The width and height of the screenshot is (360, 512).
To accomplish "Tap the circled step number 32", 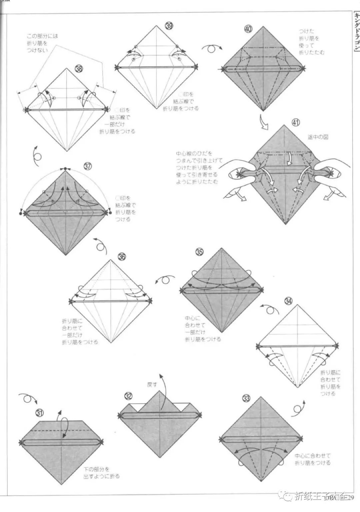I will (x=128, y=396).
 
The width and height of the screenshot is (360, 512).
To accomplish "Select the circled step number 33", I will (x=246, y=398).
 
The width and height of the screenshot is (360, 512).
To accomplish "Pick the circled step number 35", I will (x=199, y=252).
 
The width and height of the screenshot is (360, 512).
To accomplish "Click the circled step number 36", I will (x=122, y=256).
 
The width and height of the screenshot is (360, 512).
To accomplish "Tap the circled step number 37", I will (x=88, y=167).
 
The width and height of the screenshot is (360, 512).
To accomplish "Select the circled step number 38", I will (x=79, y=69).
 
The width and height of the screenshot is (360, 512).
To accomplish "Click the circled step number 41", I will (x=295, y=122).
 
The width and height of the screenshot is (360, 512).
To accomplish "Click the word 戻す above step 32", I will (x=152, y=384).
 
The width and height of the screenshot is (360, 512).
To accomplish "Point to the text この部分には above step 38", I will (x=42, y=36).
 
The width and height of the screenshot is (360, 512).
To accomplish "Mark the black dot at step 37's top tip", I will (x=66, y=169).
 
